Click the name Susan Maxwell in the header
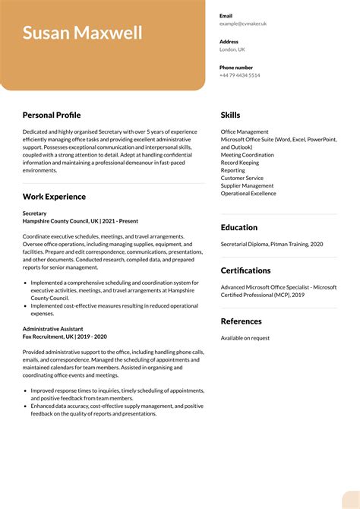coord(83,33)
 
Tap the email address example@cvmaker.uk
coord(243,24)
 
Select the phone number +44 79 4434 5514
coord(240,75)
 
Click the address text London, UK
coord(232,49)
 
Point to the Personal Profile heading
coord(52,115)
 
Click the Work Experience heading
coord(54,197)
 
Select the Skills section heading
coord(230,115)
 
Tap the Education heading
coord(239,227)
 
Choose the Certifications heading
coord(245,270)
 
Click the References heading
coord(242,321)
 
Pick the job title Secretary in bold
coord(35,213)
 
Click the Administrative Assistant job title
coord(53,329)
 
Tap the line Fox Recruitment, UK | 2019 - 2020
coord(65,337)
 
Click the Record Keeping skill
coord(240,163)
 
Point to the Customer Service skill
coord(242,178)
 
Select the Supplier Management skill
coord(248,185)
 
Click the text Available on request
coord(245,338)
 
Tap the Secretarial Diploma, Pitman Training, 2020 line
coord(272,244)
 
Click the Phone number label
coord(236,68)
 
